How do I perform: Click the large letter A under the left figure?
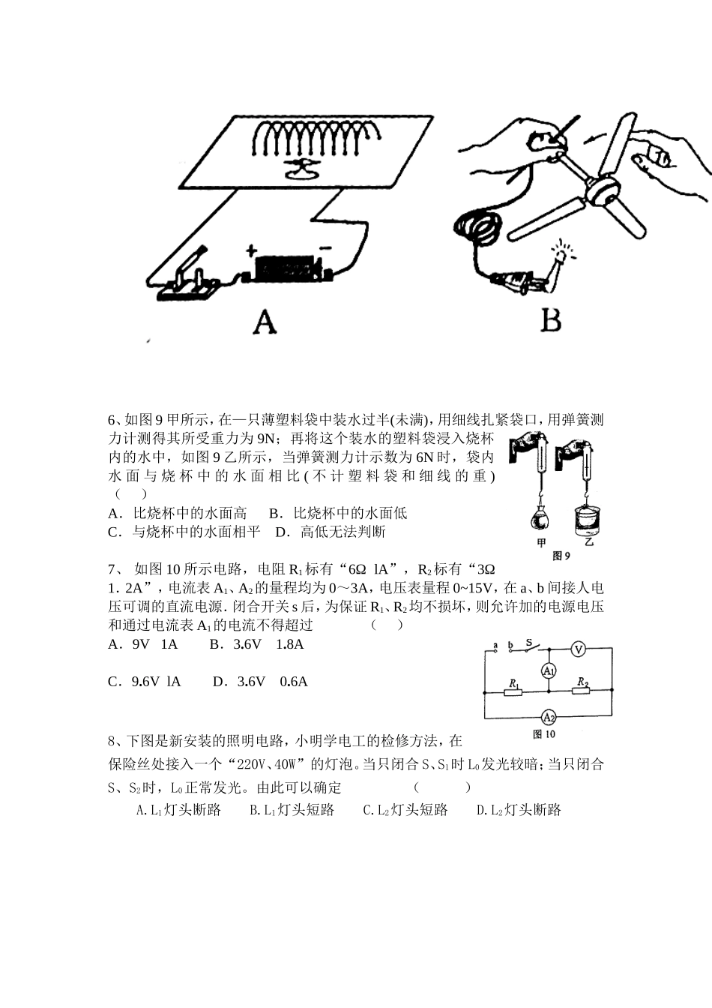click(265, 322)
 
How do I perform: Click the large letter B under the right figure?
click(551, 321)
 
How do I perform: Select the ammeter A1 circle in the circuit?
click(549, 670)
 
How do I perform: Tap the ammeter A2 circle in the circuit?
click(549, 715)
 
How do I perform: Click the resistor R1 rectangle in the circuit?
click(513, 691)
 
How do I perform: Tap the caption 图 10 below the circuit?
click(543, 734)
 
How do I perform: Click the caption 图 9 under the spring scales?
click(561, 556)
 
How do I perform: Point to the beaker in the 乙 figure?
click(588, 520)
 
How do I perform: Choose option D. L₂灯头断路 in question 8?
click(519, 810)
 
